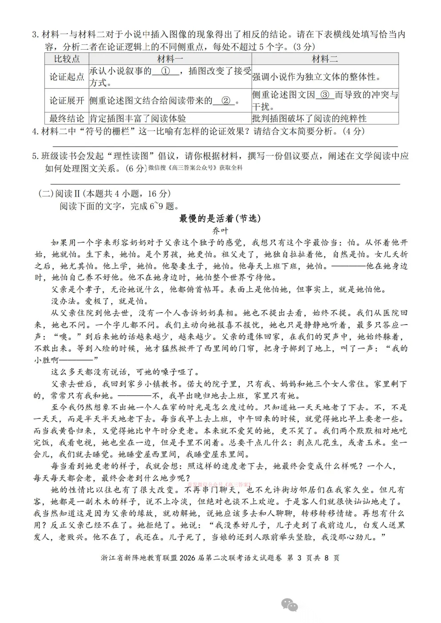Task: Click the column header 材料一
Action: (170, 59)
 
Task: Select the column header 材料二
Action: (325, 59)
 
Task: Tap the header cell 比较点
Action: (67, 59)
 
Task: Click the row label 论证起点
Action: (67, 77)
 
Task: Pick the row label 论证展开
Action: (67, 100)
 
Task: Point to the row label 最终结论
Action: (67, 118)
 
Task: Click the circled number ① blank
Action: (165, 71)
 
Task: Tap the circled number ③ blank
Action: (325, 95)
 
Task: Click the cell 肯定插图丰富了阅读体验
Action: (138, 118)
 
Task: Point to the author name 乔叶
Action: (220, 230)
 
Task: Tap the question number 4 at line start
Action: (35, 131)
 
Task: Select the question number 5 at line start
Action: (35, 156)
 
